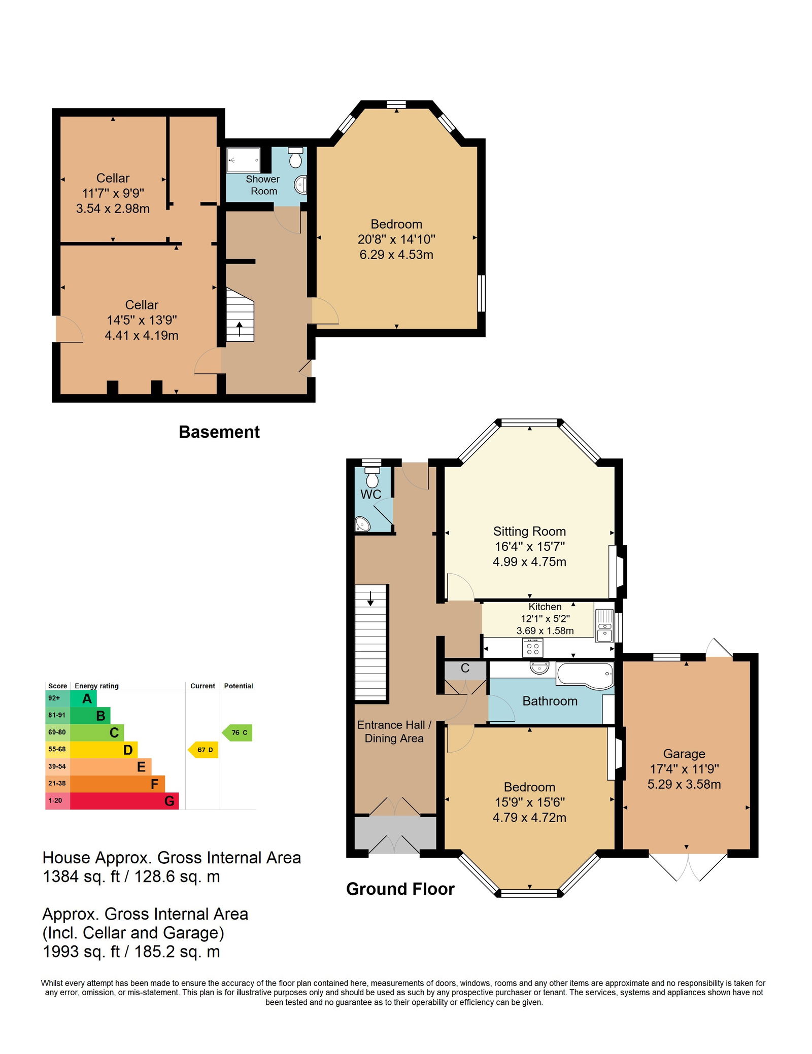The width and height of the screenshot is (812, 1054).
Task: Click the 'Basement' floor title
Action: (219, 432)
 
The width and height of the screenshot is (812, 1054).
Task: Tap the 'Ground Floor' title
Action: (400, 889)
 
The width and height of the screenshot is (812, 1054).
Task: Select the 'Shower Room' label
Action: (263, 185)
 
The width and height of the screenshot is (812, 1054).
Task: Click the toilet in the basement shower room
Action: (295, 157)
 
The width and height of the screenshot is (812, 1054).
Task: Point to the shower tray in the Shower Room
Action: (243, 160)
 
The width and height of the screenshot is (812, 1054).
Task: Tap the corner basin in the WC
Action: (363, 524)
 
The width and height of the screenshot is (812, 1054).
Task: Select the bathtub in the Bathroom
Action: (585, 675)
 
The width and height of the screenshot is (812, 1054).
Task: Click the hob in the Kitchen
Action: (533, 648)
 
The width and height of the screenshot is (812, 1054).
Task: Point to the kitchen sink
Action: (604, 625)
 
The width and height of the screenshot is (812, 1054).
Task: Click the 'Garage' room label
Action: (684, 754)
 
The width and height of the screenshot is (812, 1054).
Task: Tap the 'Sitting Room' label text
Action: (529, 531)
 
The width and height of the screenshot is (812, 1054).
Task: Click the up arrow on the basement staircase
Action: (240, 328)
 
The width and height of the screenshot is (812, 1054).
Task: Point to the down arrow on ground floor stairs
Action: (370, 599)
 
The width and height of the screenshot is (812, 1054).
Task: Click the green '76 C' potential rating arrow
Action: (238, 732)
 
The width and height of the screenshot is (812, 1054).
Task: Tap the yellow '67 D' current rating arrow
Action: (203, 750)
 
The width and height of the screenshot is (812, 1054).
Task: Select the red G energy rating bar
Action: (124, 801)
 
